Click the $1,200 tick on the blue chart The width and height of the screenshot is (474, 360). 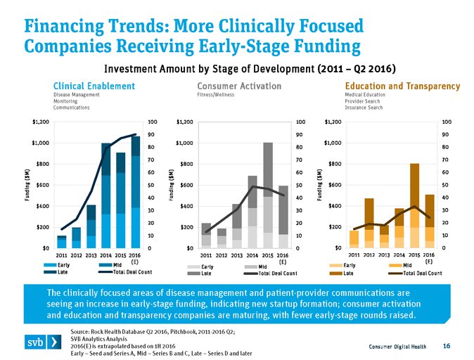(40, 122)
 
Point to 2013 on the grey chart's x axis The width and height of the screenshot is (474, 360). (236, 255)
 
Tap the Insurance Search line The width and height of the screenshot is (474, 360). (364, 108)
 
